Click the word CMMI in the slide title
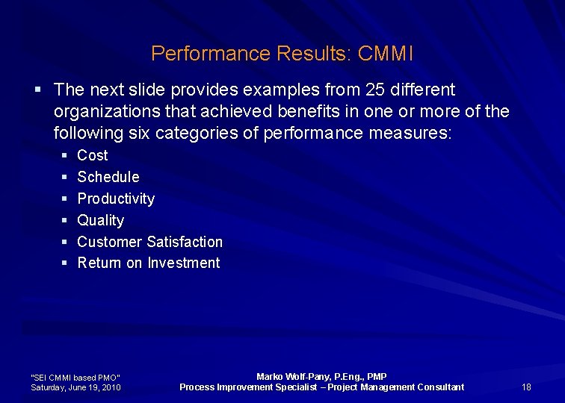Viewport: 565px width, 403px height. click(x=386, y=54)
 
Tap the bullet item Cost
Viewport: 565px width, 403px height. click(x=93, y=155)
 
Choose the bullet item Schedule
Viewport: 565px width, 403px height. click(x=108, y=177)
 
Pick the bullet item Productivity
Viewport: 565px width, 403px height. click(x=116, y=199)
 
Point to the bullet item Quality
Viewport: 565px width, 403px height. click(x=101, y=220)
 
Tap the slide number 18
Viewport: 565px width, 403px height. click(x=526, y=387)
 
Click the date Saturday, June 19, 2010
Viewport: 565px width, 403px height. click(x=75, y=387)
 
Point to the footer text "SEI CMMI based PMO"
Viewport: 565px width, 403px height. click(x=75, y=378)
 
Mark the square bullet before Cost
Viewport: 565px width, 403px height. click(x=64, y=155)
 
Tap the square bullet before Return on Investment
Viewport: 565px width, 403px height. click(x=64, y=263)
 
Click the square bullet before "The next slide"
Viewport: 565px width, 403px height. click(x=38, y=90)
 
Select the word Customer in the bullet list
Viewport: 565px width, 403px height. click(x=110, y=242)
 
